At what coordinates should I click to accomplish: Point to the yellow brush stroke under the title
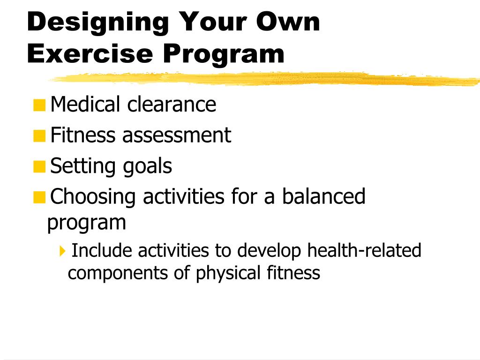262,79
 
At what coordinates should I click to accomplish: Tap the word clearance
172,104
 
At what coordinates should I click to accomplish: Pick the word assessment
177,135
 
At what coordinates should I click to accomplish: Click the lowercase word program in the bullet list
87,223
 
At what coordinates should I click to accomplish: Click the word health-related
364,250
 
